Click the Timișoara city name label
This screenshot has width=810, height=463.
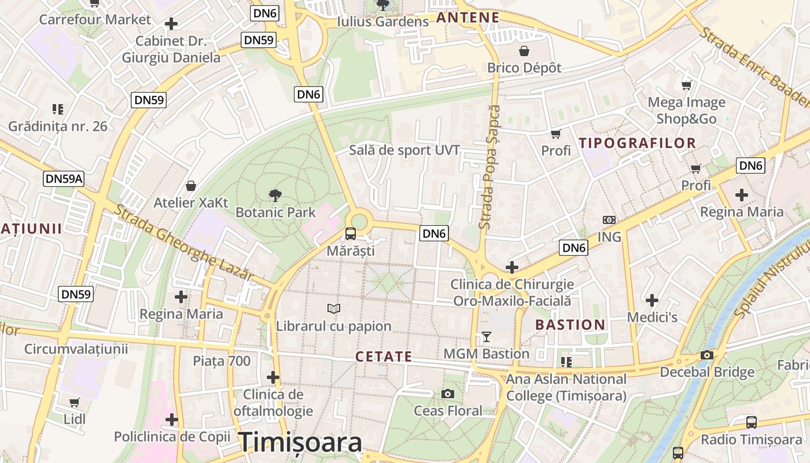[301, 442]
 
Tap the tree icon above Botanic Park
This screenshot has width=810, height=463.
[275, 196]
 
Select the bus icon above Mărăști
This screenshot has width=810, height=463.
[351, 234]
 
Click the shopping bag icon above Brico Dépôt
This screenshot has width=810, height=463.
[524, 51]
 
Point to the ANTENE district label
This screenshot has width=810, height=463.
[467, 17]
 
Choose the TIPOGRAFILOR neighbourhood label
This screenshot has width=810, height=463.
[637, 143]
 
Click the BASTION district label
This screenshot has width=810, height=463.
[570, 325]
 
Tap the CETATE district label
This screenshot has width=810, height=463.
[384, 357]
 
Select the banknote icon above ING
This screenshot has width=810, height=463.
[609, 220]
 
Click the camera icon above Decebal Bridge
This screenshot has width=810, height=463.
[706, 355]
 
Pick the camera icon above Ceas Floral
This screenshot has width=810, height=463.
[447, 394]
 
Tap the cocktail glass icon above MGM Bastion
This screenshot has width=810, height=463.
[486, 337]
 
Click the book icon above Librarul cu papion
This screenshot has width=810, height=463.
[334, 308]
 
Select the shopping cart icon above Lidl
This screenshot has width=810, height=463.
[75, 402]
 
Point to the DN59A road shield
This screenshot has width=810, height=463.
[64, 179]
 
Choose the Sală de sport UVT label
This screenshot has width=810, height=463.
[404, 150]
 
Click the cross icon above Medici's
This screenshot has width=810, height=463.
[652, 300]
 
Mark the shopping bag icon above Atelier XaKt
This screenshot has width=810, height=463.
[190, 186]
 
